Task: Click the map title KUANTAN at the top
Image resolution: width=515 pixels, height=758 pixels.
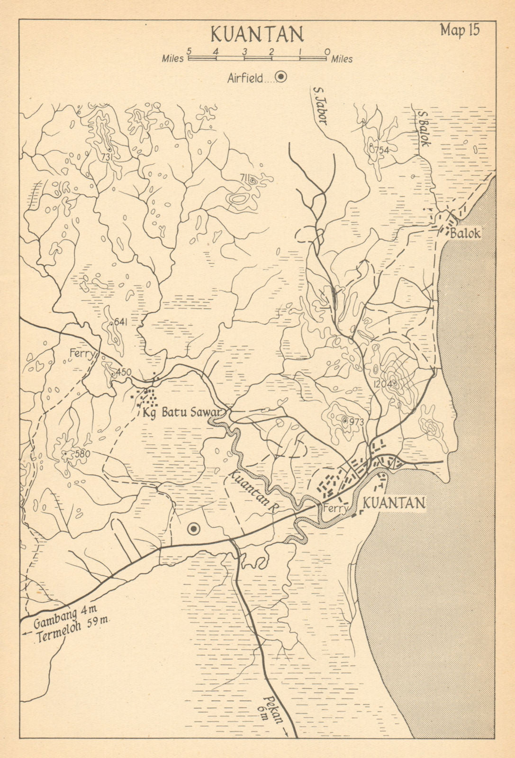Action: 257,35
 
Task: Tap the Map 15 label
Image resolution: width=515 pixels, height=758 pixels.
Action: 460,30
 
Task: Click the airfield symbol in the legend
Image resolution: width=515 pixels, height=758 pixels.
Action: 281,78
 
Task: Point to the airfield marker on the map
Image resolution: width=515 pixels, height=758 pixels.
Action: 193,529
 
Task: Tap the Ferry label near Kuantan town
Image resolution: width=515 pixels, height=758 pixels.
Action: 336,509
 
